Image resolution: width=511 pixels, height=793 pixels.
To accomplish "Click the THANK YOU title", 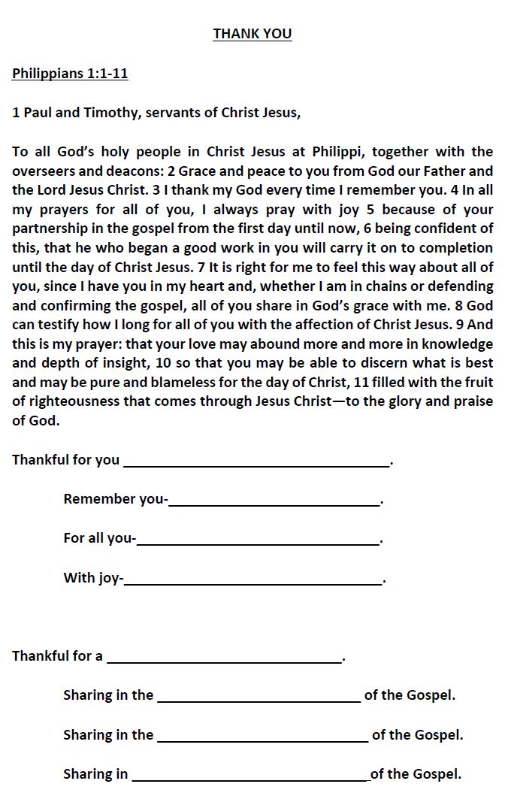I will click(252, 34).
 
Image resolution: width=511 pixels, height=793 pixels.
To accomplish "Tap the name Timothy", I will click(110, 113).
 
